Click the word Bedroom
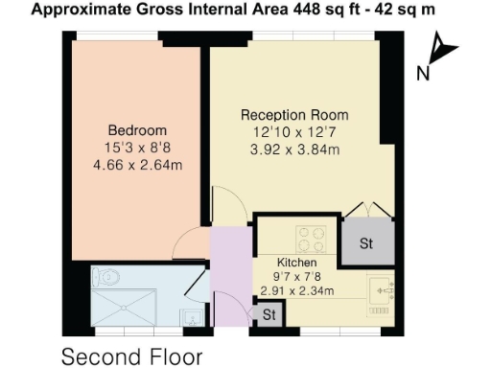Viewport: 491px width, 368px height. click(x=137, y=130)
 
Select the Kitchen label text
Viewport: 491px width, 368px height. click(x=296, y=262)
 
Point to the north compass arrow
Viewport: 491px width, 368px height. click(x=440, y=48)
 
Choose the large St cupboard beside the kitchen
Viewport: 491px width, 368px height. click(x=365, y=244)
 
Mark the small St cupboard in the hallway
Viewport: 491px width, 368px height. click(x=269, y=314)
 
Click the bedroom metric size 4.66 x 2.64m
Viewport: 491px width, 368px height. click(x=137, y=165)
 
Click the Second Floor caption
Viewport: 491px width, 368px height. click(x=132, y=356)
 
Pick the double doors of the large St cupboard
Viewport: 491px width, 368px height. click(x=365, y=212)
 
